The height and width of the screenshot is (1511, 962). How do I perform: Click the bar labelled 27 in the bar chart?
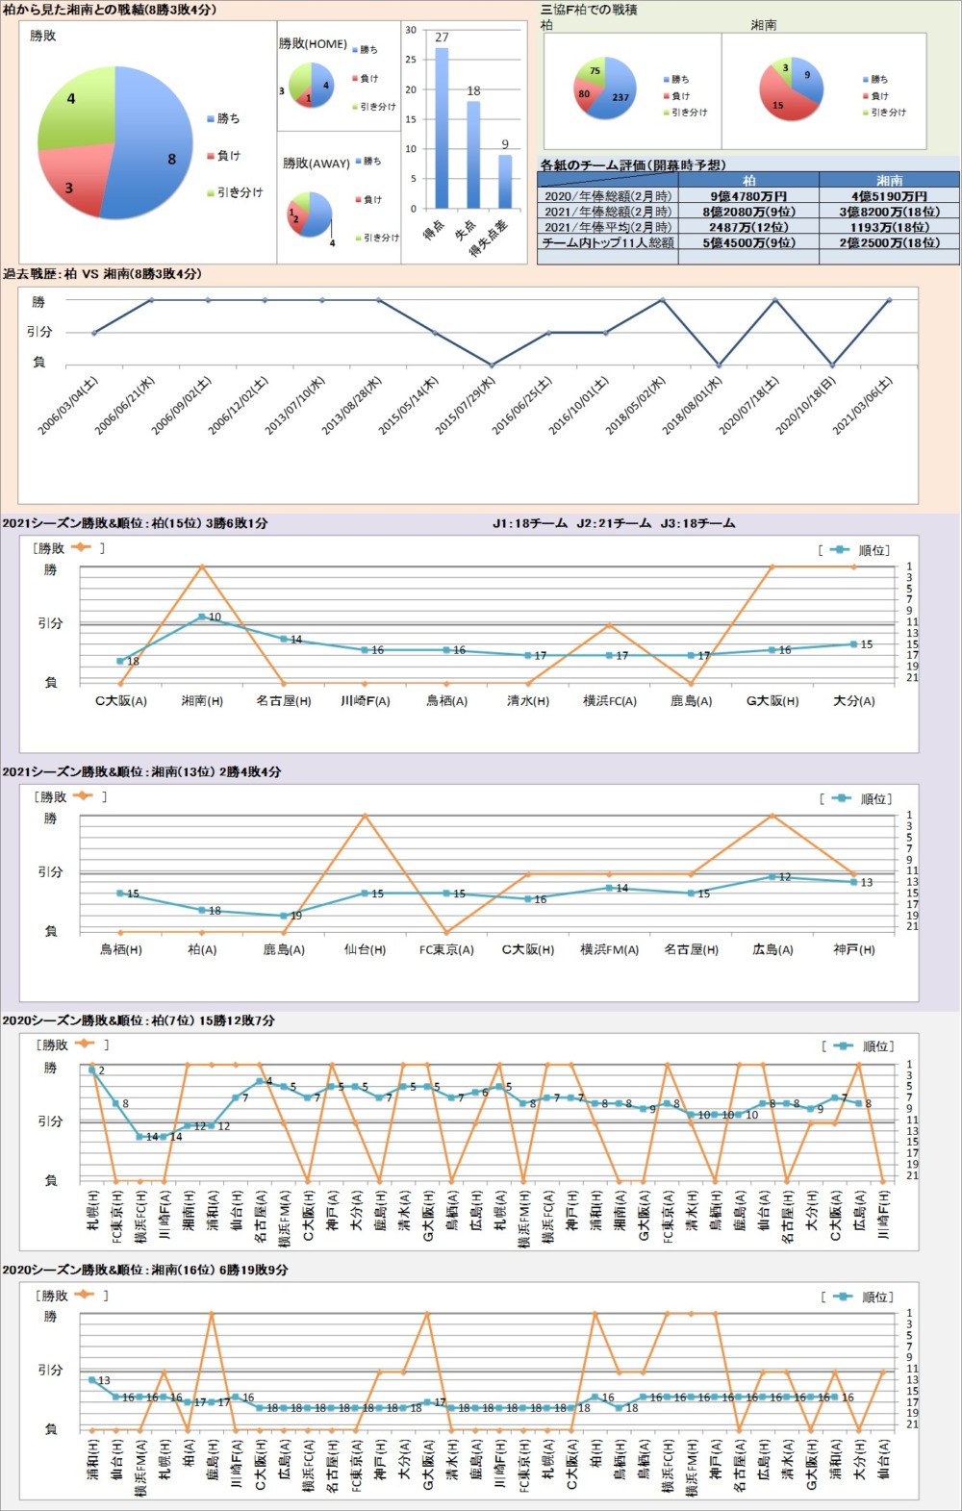[442, 128]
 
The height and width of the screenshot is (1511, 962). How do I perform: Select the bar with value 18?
[473, 154]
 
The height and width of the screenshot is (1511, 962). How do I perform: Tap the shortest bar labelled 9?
[505, 181]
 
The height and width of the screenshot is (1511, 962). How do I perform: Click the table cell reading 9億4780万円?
[748, 196]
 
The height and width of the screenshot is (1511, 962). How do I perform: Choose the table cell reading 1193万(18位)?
[889, 227]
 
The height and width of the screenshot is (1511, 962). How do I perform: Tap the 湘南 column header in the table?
[889, 180]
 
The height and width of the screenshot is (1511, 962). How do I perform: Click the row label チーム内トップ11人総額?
[608, 242]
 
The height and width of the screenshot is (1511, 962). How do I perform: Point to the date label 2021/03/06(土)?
[864, 405]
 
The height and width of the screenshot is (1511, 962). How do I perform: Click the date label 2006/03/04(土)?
[68, 405]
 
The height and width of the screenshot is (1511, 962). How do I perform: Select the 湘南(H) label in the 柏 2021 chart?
[202, 701]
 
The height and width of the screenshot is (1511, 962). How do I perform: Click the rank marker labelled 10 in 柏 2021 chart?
[202, 617]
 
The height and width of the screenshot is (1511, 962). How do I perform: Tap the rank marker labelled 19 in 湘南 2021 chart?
[284, 916]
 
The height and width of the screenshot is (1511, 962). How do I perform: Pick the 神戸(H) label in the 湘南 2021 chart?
[854, 949]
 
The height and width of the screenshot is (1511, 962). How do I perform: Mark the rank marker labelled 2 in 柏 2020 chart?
[92, 1070]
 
